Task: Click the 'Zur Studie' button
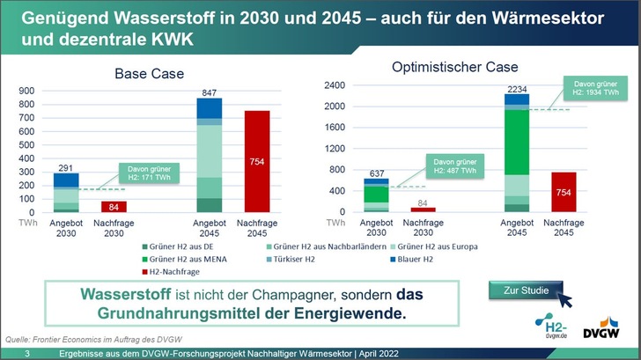coord(520,290)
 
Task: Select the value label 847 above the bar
coord(209,92)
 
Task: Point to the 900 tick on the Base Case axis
coord(26,91)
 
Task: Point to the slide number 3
coord(27,353)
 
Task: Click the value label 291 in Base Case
coord(66,166)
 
